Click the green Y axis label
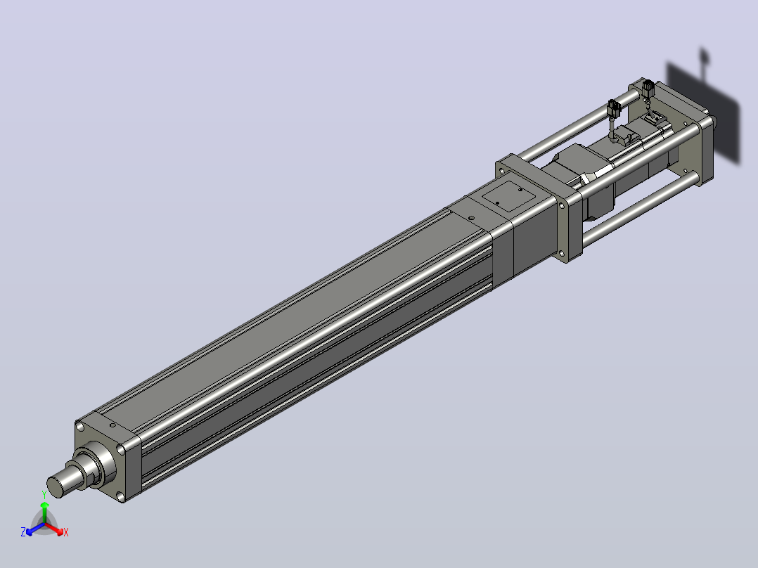[44, 494]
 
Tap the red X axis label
[66, 532]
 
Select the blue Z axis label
[23, 532]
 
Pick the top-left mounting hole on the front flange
[80, 427]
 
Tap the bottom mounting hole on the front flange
[120, 496]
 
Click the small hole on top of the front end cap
[113, 425]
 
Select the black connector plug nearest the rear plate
[648, 89]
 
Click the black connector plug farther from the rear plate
[614, 108]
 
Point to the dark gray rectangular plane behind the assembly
[703, 114]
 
